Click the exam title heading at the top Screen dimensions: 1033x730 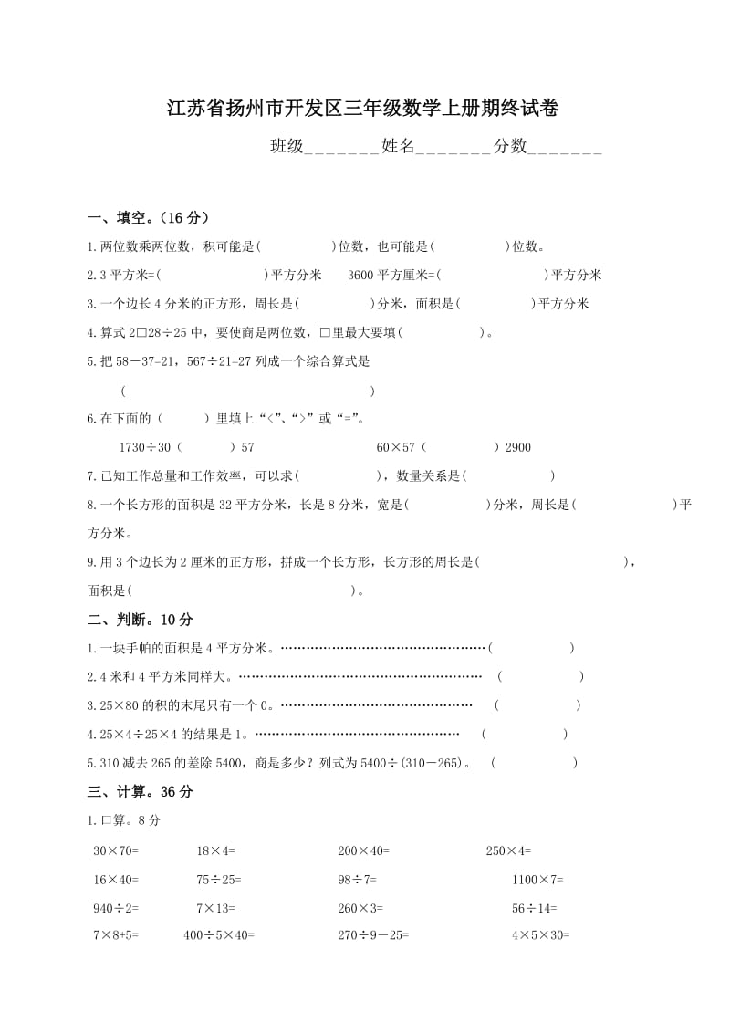pyautogui.click(x=362, y=109)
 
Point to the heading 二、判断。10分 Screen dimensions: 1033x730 pyautogui.click(x=141, y=620)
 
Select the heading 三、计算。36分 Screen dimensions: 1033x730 pyautogui.click(x=141, y=792)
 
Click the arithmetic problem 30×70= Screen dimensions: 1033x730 pyautogui.click(x=116, y=850)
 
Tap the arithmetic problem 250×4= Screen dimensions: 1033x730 pyautogui.click(x=508, y=850)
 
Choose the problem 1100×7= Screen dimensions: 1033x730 pyautogui.click(x=537, y=880)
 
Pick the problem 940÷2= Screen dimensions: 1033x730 pyautogui.click(x=116, y=908)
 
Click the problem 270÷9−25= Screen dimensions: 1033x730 pyautogui.click(x=373, y=935)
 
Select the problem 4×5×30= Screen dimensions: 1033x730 pyautogui.click(x=540, y=935)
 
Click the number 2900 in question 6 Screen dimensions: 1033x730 pyautogui.click(x=516, y=447)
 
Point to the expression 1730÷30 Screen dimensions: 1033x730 pyautogui.click(x=144, y=447)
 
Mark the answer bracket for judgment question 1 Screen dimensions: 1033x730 pyautogui.click(x=531, y=648)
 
